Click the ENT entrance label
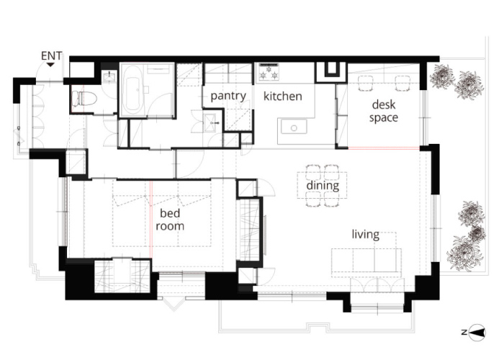point(51,56)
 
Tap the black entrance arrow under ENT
point(50,65)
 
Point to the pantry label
point(228,96)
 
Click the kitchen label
point(282,96)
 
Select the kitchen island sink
point(294,127)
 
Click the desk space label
point(384,111)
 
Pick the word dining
point(323,186)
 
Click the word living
point(366,234)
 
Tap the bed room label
point(170,220)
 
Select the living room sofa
point(366,262)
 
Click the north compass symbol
point(477,333)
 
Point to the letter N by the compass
point(464,333)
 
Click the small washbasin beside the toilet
point(109,76)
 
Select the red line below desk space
point(384,148)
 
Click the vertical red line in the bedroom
point(150,219)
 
